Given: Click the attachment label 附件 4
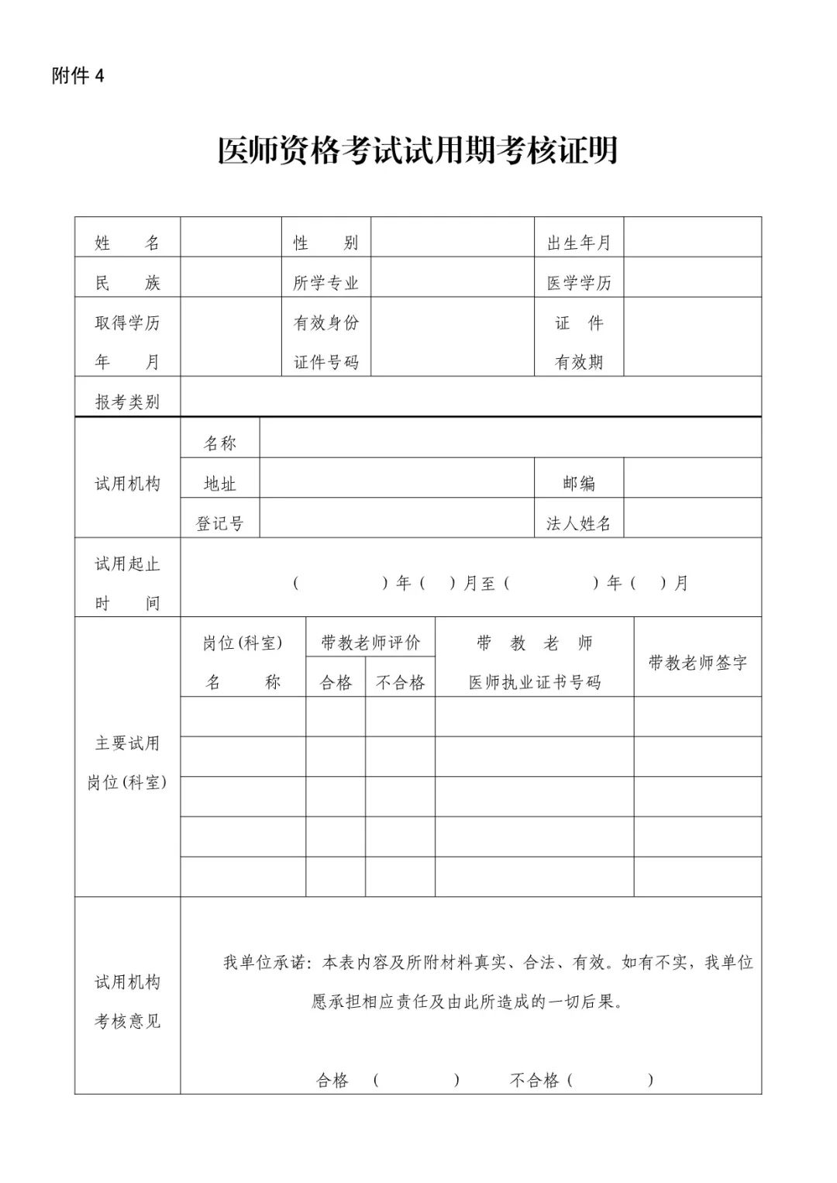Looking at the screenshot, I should coord(77,76).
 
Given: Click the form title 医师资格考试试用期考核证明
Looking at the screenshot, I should coord(418,150).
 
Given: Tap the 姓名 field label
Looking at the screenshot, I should coord(127,243).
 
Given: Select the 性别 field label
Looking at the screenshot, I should coord(325,243).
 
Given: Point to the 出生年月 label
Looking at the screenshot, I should coord(579,243).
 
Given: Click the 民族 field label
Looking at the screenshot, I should coord(127,283).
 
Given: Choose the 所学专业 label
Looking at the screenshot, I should coord(325,283).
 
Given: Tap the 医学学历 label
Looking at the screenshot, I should coord(579,283).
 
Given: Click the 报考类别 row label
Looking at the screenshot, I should coord(127,402).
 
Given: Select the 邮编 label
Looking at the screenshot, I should coord(579,484).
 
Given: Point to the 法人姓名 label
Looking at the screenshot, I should coord(579,524).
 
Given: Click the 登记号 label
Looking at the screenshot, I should coord(219,524).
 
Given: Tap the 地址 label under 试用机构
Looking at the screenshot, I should coord(219,484).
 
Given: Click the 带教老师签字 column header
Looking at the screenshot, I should coord(697,663).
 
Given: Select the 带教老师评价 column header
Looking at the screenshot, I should coord(370,643).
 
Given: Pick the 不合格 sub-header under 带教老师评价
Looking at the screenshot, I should coord(400,682).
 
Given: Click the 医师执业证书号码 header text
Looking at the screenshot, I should coord(535,682).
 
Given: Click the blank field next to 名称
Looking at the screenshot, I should coord(510,443).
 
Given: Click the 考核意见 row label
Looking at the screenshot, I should coord(127,1021).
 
